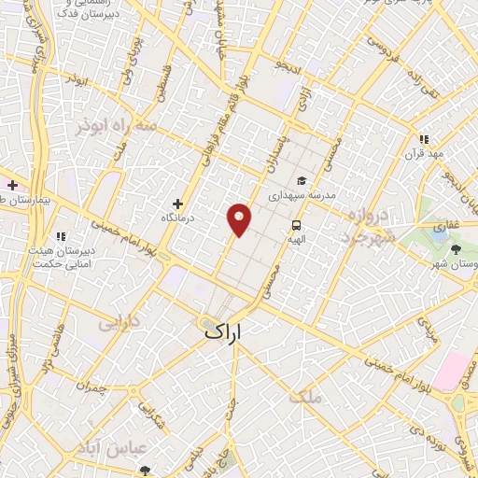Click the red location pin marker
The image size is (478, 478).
pyautogui.click(x=240, y=218)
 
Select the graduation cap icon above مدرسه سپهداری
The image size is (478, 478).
pyautogui.click(x=301, y=180)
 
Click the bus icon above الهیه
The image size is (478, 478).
pyautogui.click(x=296, y=225)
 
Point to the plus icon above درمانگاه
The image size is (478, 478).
pyautogui.click(x=177, y=204)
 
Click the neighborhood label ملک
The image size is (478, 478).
pyautogui.click(x=305, y=396)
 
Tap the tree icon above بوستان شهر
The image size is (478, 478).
pyautogui.click(x=456, y=248)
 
